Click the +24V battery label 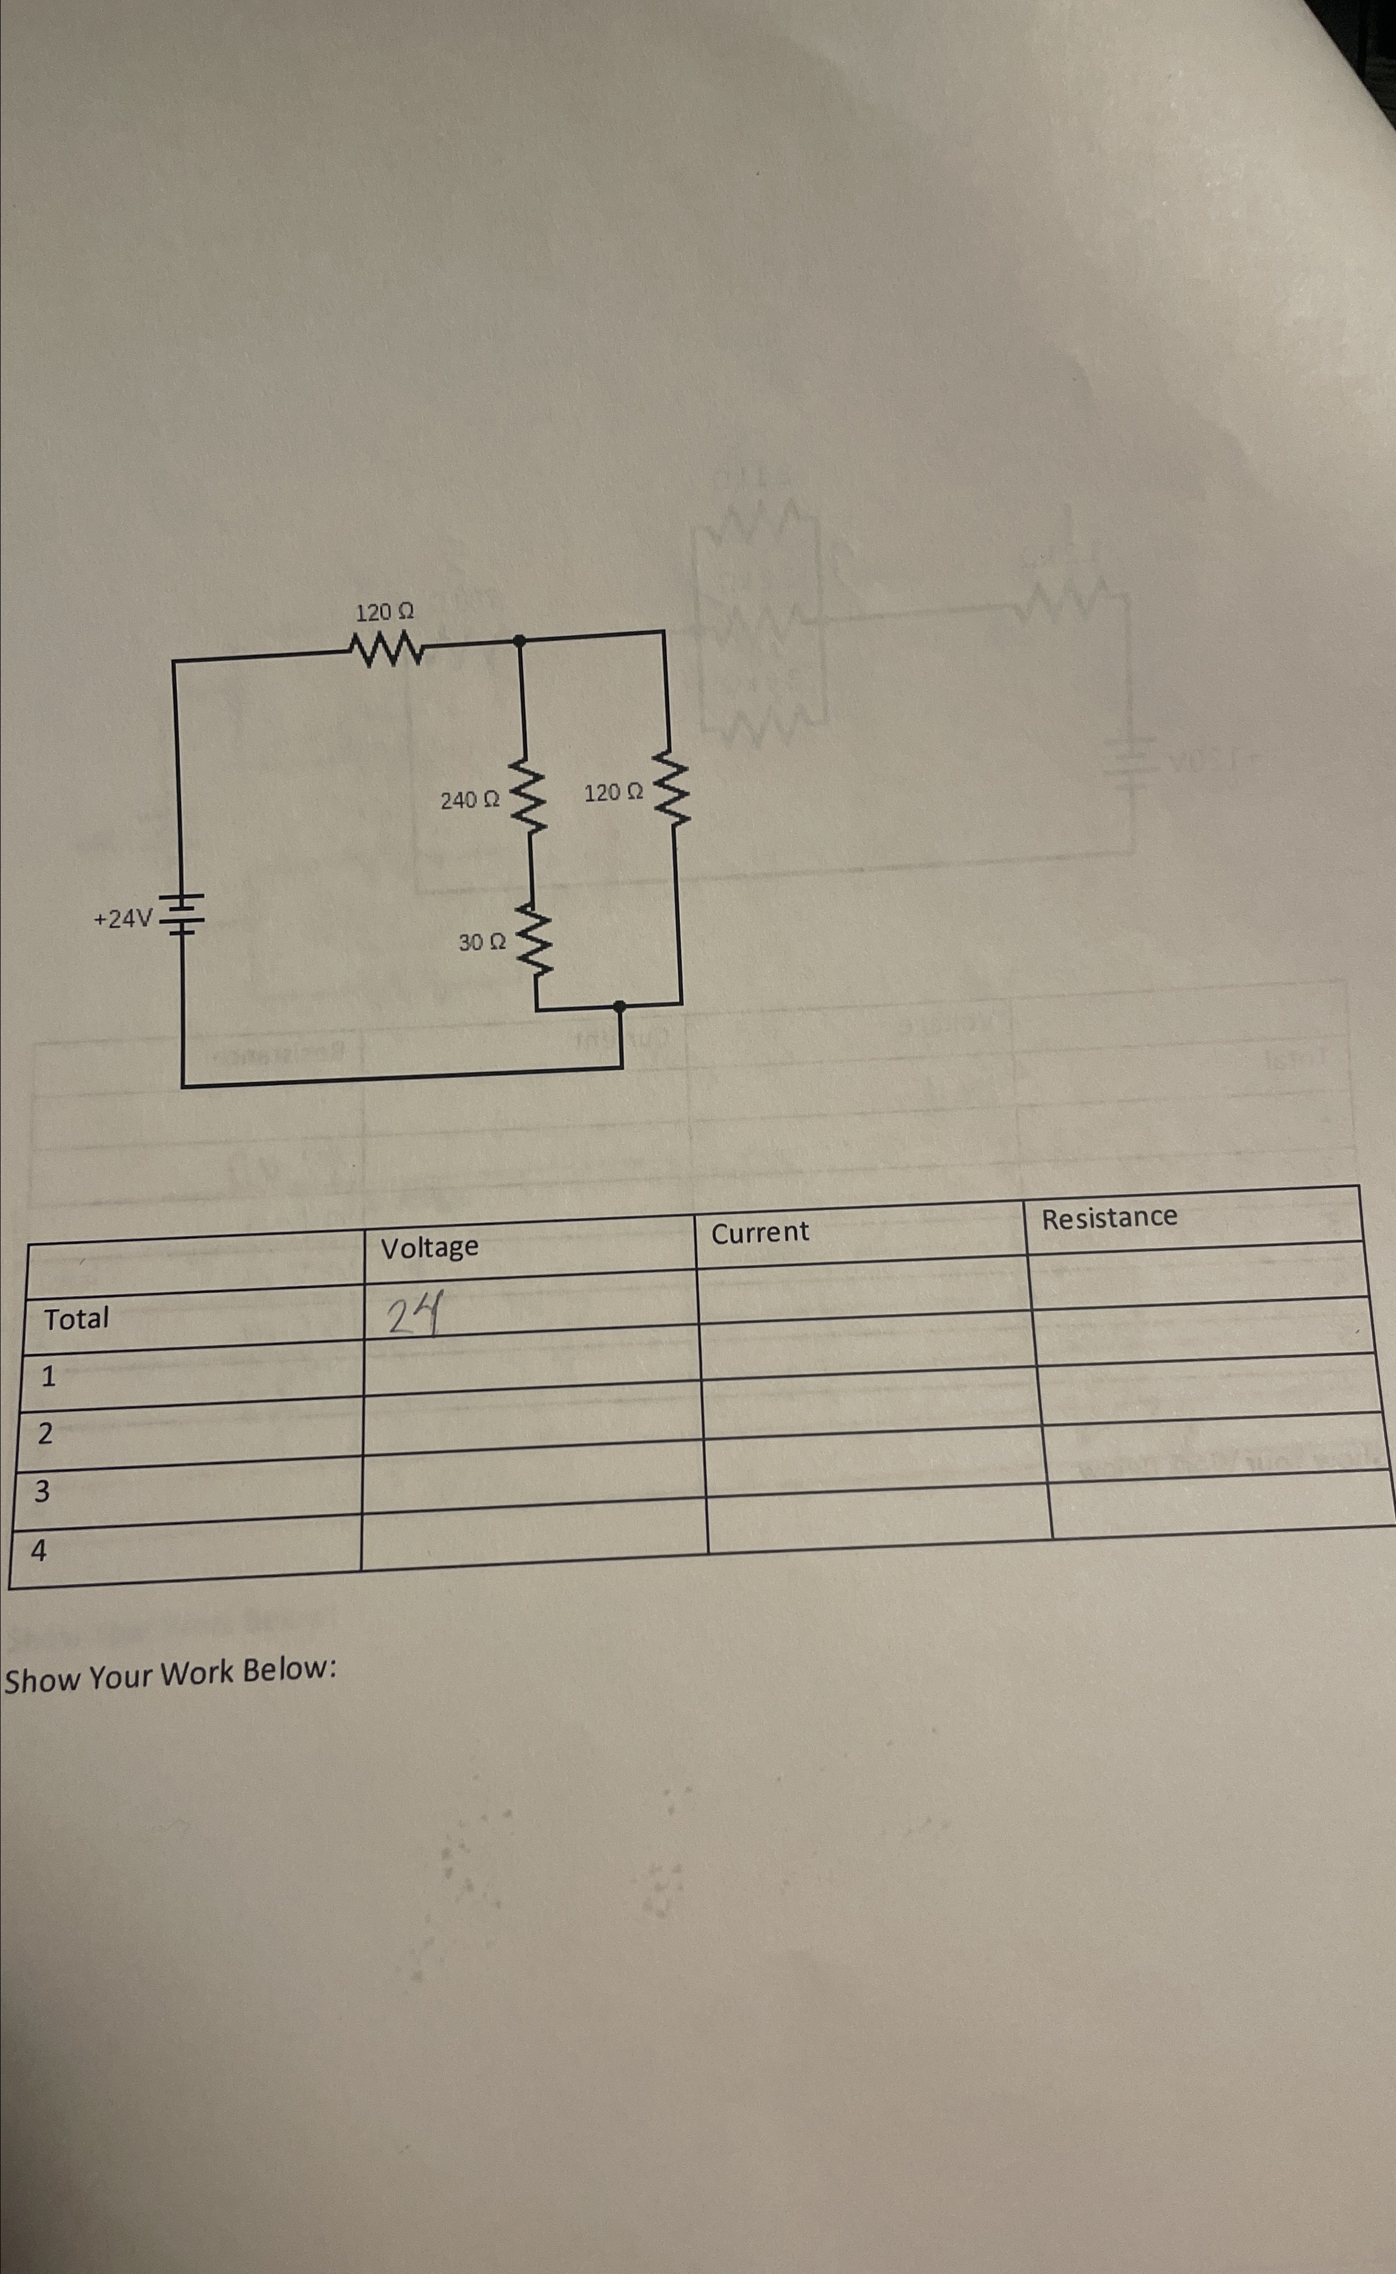pos(123,918)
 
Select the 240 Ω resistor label pos(470,800)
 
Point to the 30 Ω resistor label pos(482,943)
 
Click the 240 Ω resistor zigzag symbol pos(528,796)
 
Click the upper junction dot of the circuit pos(520,640)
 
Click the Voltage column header pos(430,1248)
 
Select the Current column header pos(760,1232)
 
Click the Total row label pos(77,1319)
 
